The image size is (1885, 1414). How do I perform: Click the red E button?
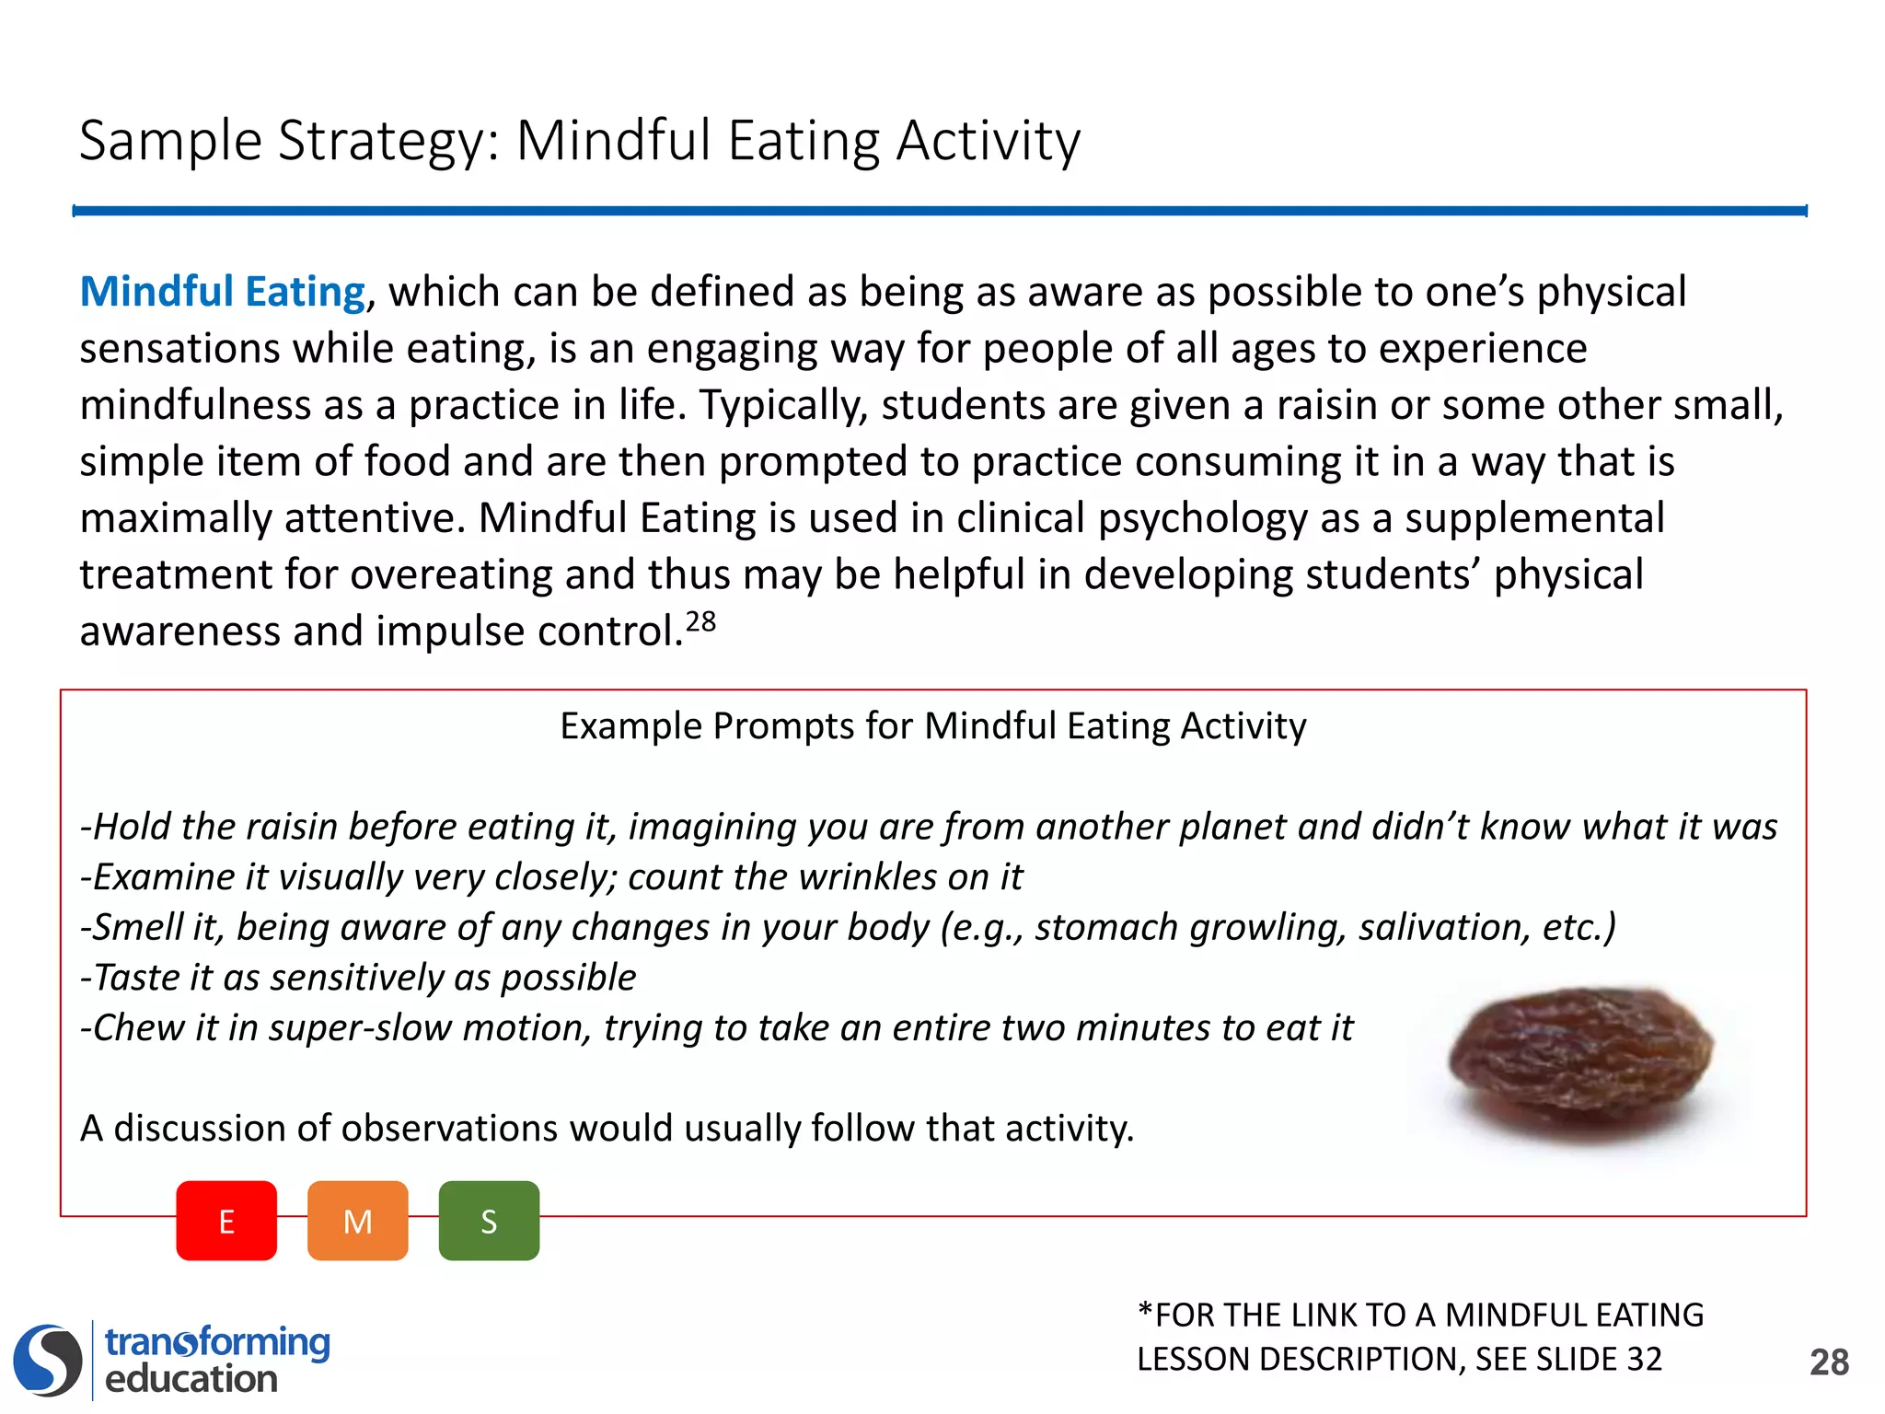click(226, 1221)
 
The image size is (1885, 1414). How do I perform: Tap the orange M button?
click(357, 1221)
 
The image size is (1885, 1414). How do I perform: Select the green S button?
click(489, 1221)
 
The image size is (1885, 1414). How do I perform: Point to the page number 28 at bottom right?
click(1829, 1362)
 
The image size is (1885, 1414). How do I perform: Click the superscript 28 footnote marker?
click(700, 622)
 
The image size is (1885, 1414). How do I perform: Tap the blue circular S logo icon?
click(48, 1360)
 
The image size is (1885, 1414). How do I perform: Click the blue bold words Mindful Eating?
click(223, 292)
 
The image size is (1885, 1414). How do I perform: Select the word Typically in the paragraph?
click(783, 405)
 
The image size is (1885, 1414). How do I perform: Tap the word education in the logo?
click(191, 1379)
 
